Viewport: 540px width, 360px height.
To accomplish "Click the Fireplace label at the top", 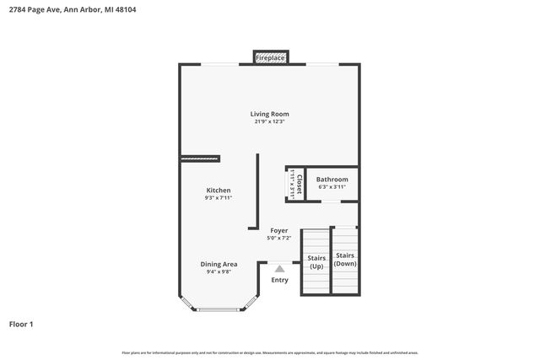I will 270,58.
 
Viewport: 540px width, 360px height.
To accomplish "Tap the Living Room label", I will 269,114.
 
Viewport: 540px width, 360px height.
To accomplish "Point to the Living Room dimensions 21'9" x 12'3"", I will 269,121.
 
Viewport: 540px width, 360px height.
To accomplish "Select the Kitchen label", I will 219,191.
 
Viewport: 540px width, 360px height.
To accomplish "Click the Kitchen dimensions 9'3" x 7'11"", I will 219,198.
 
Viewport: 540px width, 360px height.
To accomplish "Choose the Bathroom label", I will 332,180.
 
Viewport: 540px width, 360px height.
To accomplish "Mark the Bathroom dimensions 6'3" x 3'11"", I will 332,187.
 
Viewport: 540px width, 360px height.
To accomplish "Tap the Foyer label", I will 278,230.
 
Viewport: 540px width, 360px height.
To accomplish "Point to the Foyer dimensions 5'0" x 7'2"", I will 278,238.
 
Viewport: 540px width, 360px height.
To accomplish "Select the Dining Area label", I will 219,264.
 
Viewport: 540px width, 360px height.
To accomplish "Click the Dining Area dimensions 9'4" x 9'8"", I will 219,271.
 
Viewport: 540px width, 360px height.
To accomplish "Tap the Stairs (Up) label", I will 316,262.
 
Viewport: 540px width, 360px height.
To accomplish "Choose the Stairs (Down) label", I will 345,260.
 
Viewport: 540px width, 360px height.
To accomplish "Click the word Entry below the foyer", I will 279,280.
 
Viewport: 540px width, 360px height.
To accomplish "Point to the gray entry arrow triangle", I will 279,268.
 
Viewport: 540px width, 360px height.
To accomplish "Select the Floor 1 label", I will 21,324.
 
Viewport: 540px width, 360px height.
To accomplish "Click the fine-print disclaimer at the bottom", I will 269,352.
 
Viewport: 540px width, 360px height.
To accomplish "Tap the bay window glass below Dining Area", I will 219,309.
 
